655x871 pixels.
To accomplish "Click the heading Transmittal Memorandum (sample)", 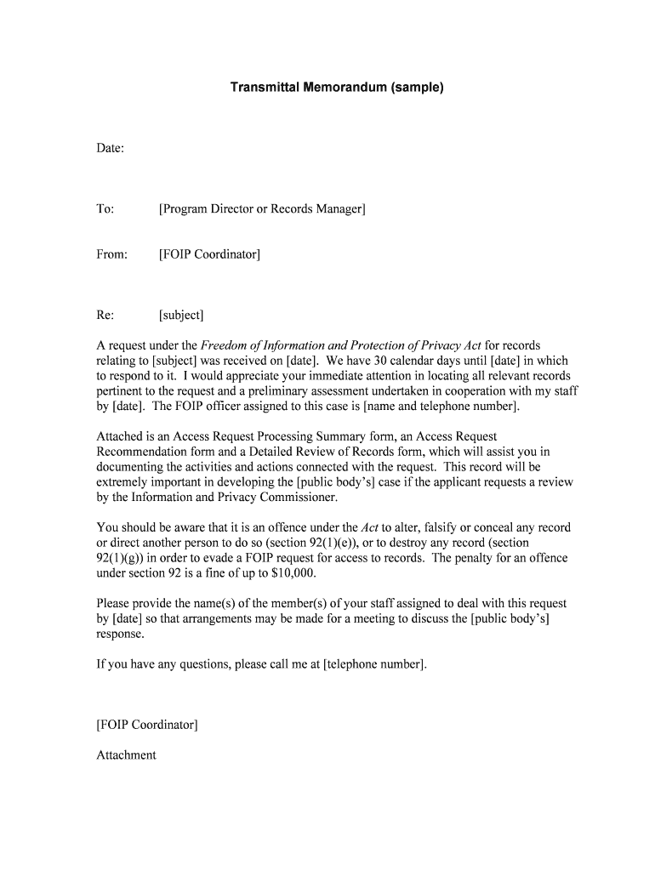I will tap(337, 88).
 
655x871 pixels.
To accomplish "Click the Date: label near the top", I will tap(111, 149).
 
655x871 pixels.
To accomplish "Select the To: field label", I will tap(105, 209).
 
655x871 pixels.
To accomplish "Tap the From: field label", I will tap(112, 254).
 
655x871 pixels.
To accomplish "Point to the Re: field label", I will tap(105, 316).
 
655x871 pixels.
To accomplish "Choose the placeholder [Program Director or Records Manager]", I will tap(262, 209).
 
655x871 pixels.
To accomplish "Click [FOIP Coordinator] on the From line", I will tap(209, 254).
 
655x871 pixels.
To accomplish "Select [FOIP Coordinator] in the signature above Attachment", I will tap(147, 725).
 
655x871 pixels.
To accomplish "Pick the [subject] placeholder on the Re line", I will tap(181, 316).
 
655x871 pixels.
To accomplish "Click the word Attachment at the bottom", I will tap(127, 755).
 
